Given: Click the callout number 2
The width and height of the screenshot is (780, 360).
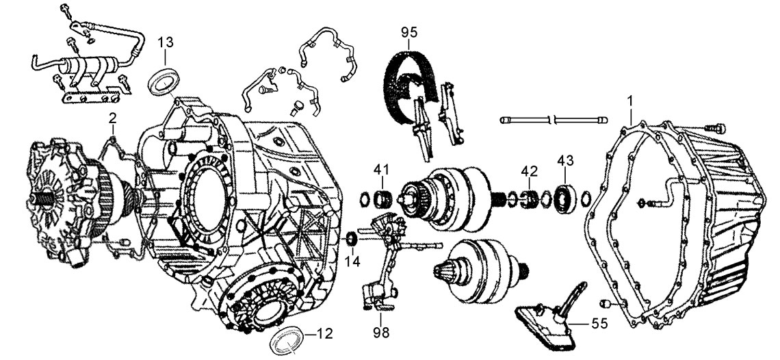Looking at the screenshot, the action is pyautogui.click(x=113, y=118).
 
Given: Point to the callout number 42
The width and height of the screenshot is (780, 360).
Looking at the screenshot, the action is pyautogui.click(x=530, y=171).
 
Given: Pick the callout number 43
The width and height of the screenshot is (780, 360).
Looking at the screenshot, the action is pyautogui.click(x=566, y=161).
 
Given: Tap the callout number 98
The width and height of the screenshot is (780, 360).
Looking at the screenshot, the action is pyautogui.click(x=382, y=332).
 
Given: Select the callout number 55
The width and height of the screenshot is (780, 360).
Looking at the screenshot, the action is pyautogui.click(x=600, y=324).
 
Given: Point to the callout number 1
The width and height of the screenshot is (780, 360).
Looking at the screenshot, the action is pyautogui.click(x=629, y=101).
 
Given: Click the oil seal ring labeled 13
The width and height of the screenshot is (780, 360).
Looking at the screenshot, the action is pyautogui.click(x=165, y=81).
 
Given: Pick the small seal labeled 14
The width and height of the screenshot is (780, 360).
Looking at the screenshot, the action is pyautogui.click(x=352, y=238).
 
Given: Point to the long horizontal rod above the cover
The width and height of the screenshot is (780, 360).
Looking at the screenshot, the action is pyautogui.click(x=554, y=120).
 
